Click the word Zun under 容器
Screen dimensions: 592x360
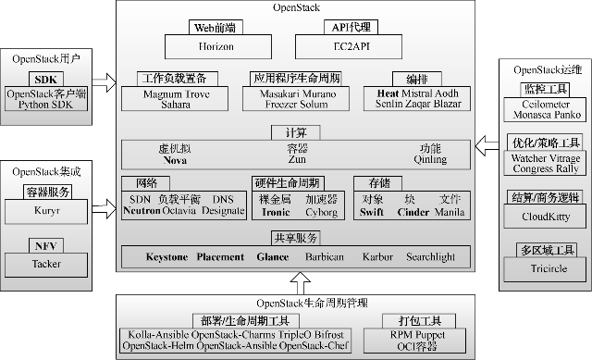[x=296, y=160]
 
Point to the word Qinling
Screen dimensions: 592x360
[x=429, y=160]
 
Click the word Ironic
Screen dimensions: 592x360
[x=277, y=211]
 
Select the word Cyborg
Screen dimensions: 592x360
[x=323, y=211]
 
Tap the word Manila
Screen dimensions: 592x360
[x=450, y=211]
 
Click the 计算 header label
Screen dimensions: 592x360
[x=296, y=131]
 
